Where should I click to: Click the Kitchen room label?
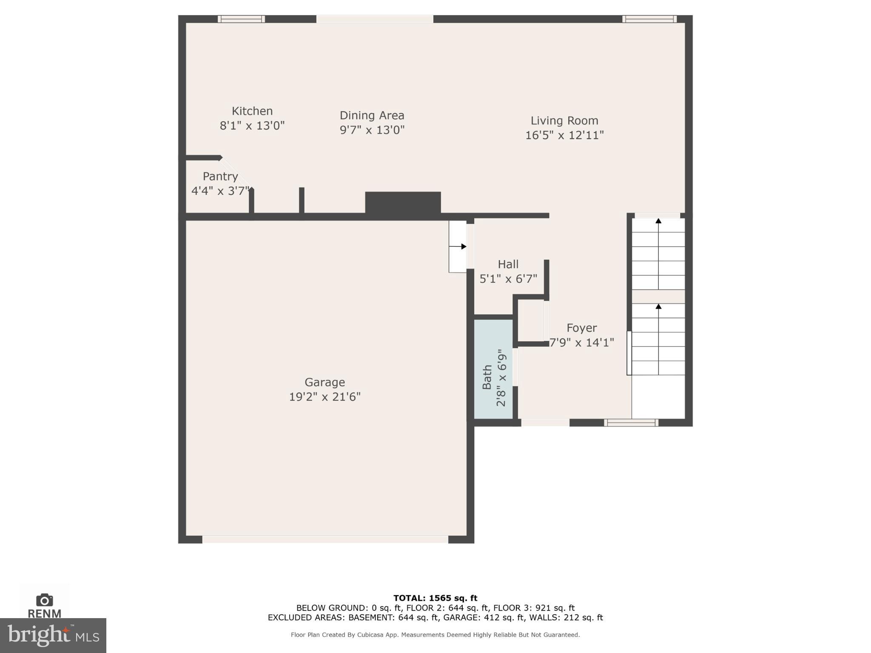(x=252, y=111)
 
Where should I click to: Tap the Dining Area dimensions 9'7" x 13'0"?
(x=372, y=130)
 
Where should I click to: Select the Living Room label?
(x=564, y=121)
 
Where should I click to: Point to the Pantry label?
(x=220, y=176)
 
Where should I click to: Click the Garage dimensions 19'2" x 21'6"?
(x=324, y=397)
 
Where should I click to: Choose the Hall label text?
(x=508, y=264)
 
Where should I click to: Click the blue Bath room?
(x=493, y=369)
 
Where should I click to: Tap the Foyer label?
(x=581, y=328)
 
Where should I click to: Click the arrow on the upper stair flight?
(x=658, y=221)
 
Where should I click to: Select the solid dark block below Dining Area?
(x=403, y=203)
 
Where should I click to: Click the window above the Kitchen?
(x=241, y=19)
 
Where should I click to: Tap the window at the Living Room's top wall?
(x=649, y=19)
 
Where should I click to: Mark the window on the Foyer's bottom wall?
(x=631, y=423)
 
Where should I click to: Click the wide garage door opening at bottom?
(x=325, y=539)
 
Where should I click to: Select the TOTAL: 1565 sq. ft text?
(x=435, y=598)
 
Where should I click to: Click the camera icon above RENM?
(x=44, y=600)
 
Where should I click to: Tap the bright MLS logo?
(x=53, y=636)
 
